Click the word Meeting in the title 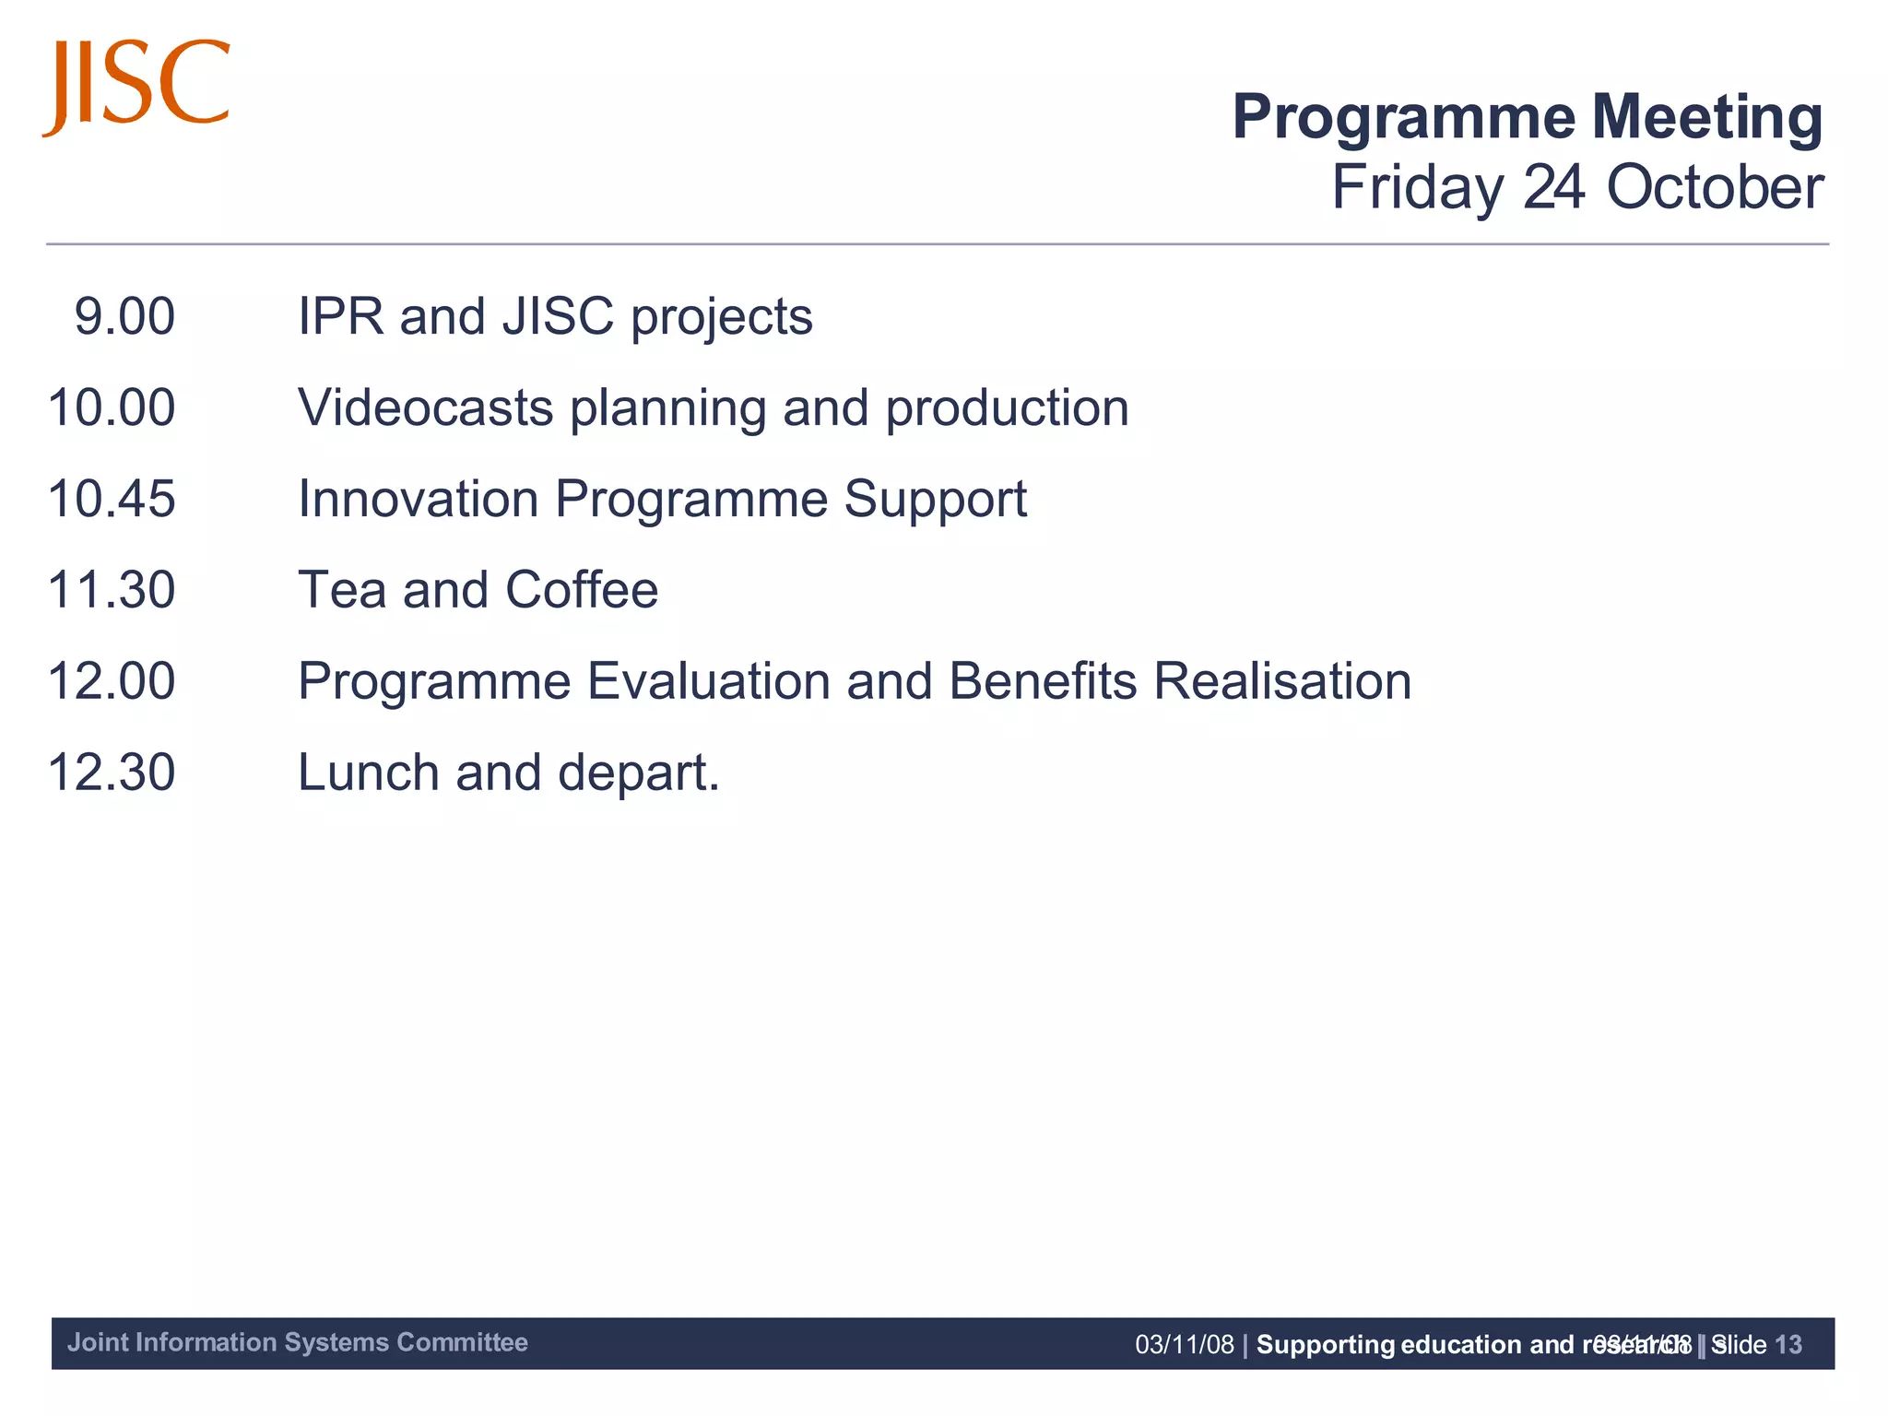[1706, 117]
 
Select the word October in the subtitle [1714, 187]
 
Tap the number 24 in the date [1553, 187]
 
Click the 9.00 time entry [124, 316]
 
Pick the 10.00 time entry [112, 407]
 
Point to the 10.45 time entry [112, 499]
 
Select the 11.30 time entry [112, 590]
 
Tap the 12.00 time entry [112, 681]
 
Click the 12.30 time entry [112, 773]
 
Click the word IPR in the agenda [340, 316]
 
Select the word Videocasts [425, 407]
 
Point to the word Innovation [419, 499]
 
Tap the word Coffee [582, 590]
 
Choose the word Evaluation [709, 681]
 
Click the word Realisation [1282, 681]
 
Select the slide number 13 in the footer [1788, 1345]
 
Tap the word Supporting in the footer [1326, 1345]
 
